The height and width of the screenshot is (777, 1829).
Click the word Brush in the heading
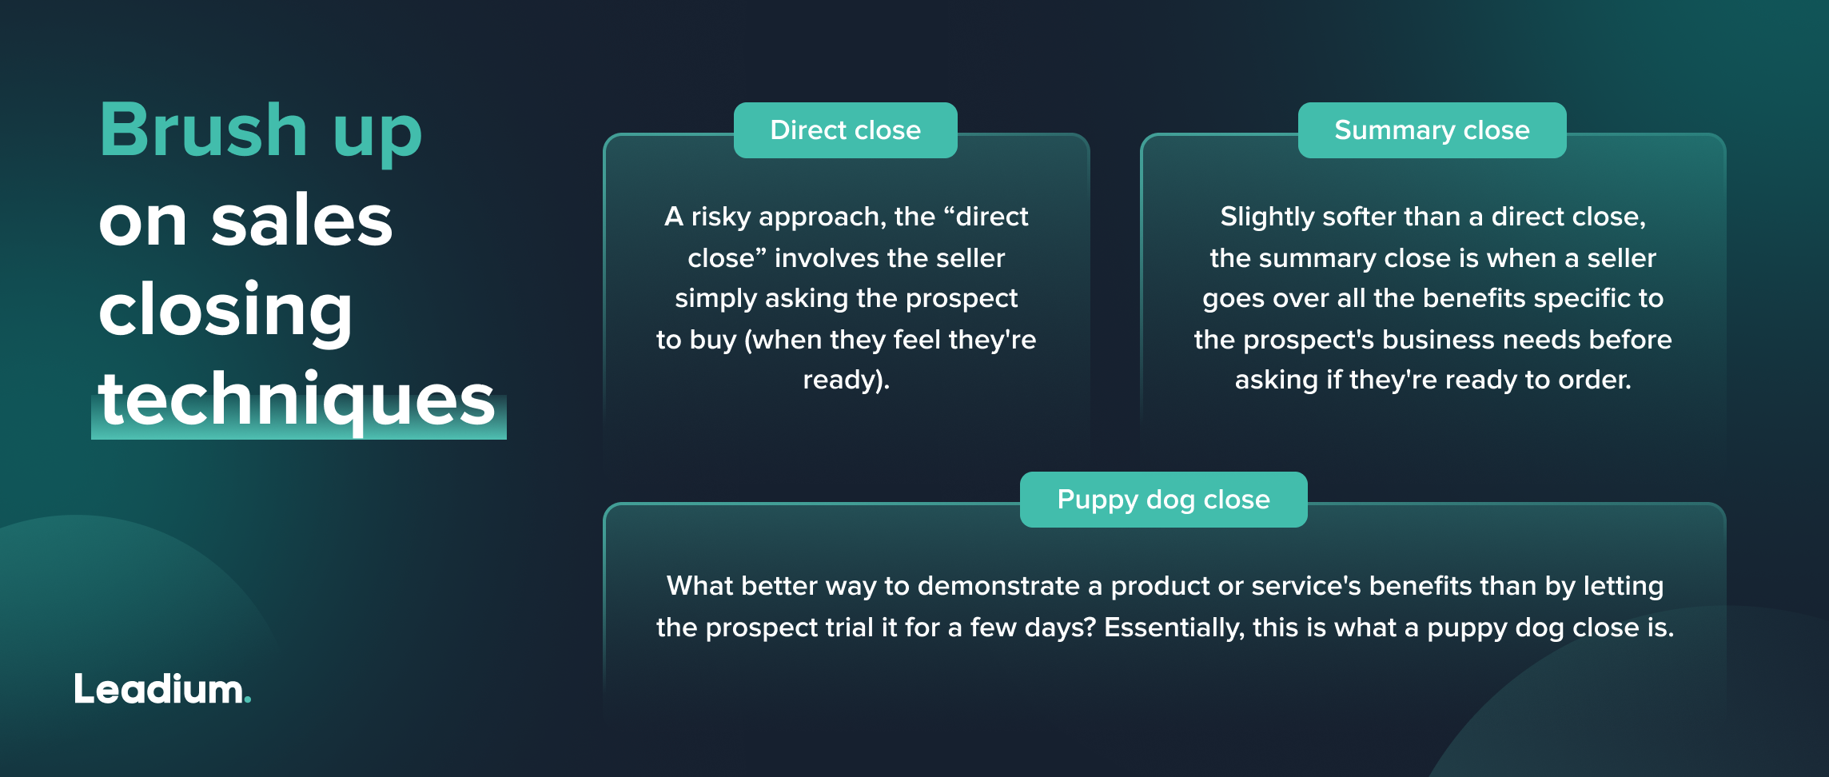[x=203, y=130]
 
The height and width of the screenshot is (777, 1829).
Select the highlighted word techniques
[x=297, y=400]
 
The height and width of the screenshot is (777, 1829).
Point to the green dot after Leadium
[x=248, y=701]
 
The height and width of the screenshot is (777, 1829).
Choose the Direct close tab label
[x=845, y=130]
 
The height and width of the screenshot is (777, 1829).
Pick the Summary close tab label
[x=1432, y=130]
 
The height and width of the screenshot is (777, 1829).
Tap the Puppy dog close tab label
[x=1163, y=500]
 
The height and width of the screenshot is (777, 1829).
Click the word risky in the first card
[x=721, y=217]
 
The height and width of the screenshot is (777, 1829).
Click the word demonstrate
[x=998, y=586]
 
